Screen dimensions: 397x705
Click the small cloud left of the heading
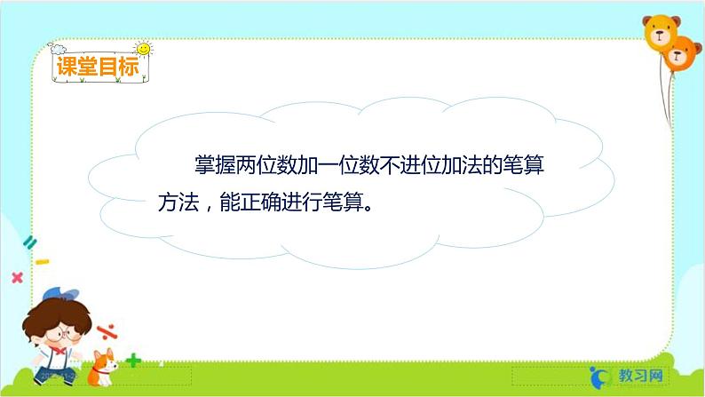click(x=59, y=45)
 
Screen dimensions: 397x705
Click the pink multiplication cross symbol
click(x=16, y=277)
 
